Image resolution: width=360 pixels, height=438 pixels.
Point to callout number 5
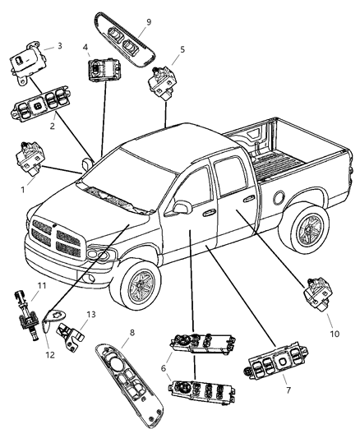click(x=182, y=49)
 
